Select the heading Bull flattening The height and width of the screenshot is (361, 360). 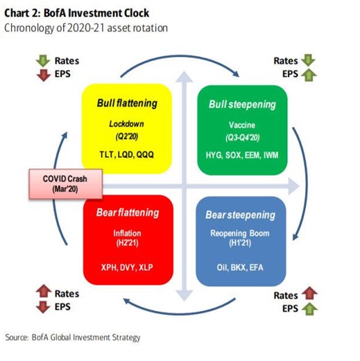click(127, 103)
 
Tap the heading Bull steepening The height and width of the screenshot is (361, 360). click(242, 104)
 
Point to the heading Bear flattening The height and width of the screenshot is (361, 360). click(127, 212)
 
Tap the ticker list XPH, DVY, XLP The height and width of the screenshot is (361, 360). click(127, 267)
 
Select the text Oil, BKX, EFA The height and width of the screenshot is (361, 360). click(242, 267)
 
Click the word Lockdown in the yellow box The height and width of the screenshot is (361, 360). click(127, 123)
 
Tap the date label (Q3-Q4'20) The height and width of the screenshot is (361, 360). click(242, 135)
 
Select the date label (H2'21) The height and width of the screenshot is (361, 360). click(127, 244)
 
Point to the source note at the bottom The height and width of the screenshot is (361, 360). click(73, 337)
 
